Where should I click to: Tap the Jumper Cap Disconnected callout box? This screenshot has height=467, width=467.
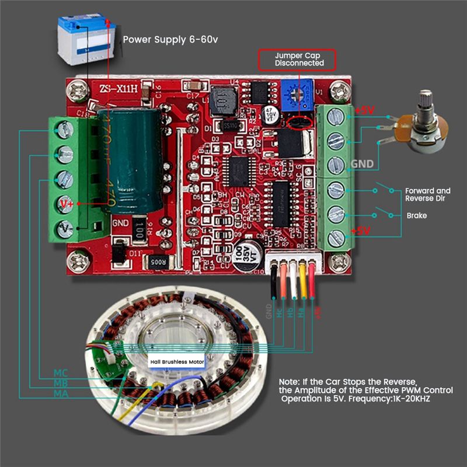pyautogui.click(x=298, y=60)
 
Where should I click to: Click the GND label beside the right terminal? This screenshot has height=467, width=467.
pyautogui.click(x=362, y=164)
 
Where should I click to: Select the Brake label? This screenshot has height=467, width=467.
pyautogui.click(x=417, y=215)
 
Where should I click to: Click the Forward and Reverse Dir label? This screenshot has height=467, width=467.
pyautogui.click(x=428, y=194)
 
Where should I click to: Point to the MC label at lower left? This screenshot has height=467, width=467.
pyautogui.click(x=61, y=372)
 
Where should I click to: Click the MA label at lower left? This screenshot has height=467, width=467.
pyautogui.click(x=61, y=394)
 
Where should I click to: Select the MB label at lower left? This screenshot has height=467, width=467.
pyautogui.click(x=61, y=384)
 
